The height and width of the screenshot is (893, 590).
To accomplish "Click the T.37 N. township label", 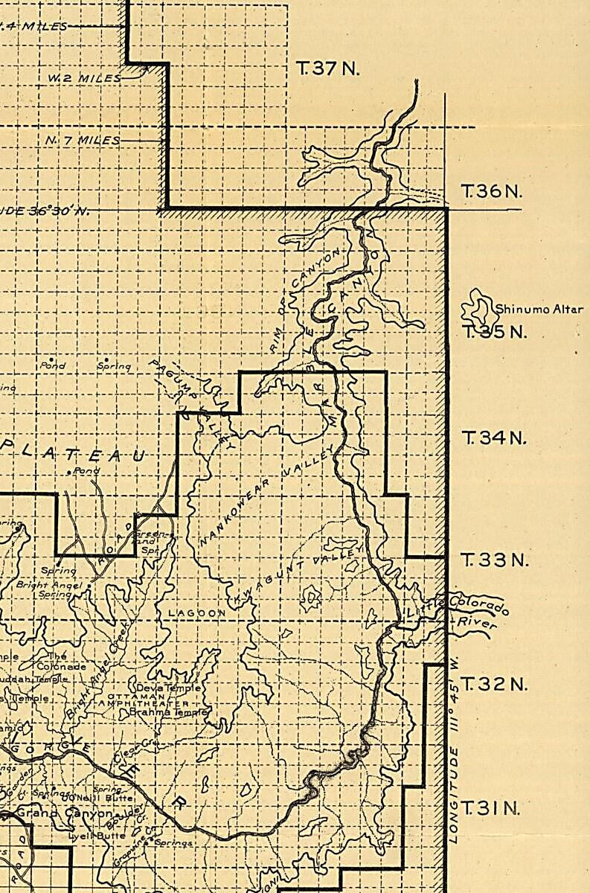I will (327, 69).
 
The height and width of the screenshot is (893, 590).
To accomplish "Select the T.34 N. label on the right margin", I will (493, 438).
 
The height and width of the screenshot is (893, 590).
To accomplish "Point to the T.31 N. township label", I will (488, 807).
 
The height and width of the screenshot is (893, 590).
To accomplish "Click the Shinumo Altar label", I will (539, 310).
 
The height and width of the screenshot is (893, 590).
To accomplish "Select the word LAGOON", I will (196, 613).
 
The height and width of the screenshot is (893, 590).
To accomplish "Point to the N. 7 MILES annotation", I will (82, 140).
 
